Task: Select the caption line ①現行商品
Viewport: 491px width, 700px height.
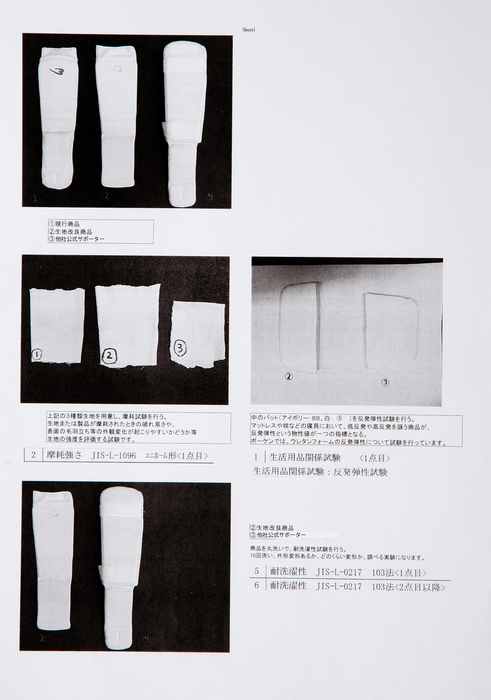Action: pos(64,224)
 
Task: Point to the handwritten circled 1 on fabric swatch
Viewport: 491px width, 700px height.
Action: pos(37,355)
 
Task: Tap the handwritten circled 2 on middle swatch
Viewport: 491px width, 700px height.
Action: pos(109,356)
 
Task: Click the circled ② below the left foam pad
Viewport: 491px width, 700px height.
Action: pos(289,377)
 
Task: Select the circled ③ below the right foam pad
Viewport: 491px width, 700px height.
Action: pos(385,382)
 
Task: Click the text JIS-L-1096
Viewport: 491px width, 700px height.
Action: pos(114,456)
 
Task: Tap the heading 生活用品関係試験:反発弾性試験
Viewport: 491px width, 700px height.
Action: pos(320,472)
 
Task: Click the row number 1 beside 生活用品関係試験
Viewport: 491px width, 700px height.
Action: pos(256,457)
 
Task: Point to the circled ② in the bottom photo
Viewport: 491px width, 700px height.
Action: pos(42,638)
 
